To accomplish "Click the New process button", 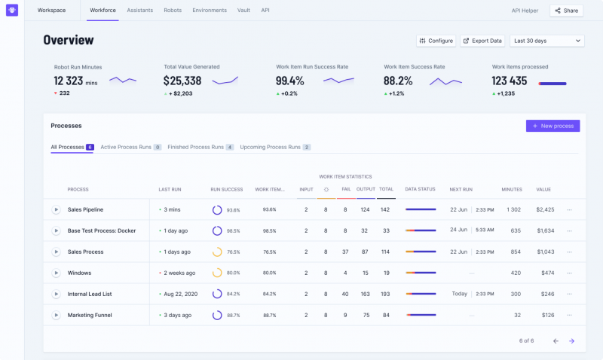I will coord(552,126).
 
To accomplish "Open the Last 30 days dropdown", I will coord(546,41).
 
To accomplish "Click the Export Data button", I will coord(482,41).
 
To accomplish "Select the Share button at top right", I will coord(566,11).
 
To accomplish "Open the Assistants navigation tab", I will coord(141,11).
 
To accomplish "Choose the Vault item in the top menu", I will coord(243,11).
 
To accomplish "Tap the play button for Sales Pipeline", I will coord(56,209).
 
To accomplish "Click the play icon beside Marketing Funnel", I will coord(56,315).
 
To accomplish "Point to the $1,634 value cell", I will coord(545,230).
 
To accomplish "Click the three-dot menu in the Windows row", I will coord(570,273).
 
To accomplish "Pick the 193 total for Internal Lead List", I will coord(386,294).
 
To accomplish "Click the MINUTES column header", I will coord(511,189).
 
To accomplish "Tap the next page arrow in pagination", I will coord(571,341).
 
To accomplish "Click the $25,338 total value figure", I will coord(182,81).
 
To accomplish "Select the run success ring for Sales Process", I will coord(216,252).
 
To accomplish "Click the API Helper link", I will coord(525,11).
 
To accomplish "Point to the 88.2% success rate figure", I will coord(398,81).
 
